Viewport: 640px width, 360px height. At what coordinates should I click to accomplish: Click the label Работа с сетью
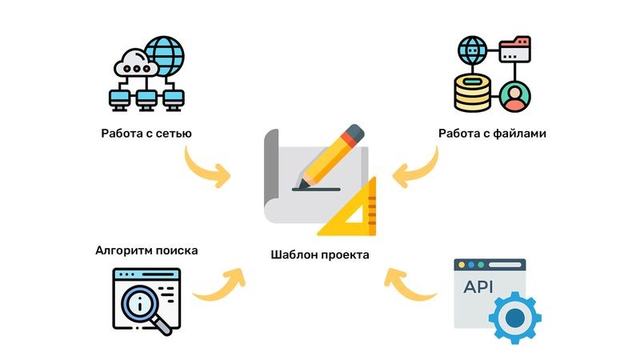click(x=146, y=133)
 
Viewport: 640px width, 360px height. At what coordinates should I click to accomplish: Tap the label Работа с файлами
click(x=492, y=133)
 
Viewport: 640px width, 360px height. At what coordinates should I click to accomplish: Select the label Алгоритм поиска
click(x=146, y=250)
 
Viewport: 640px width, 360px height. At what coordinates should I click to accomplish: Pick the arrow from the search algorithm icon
click(x=219, y=284)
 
